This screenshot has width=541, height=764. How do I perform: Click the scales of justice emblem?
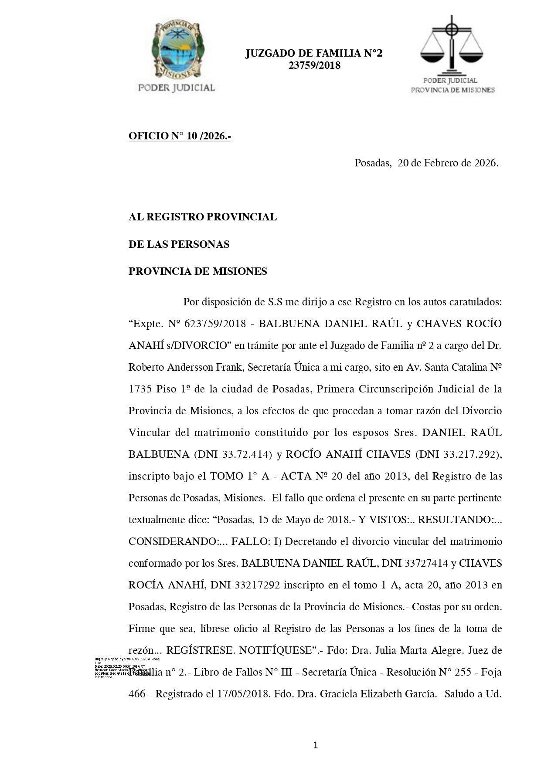(452, 45)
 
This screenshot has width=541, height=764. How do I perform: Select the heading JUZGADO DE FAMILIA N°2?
(313, 54)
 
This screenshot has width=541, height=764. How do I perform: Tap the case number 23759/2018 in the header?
(314, 66)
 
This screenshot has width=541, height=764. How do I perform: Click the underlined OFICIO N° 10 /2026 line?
(180, 136)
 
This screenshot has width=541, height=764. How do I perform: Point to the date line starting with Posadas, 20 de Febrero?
(428, 163)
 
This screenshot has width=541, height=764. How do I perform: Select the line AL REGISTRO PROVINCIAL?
(202, 217)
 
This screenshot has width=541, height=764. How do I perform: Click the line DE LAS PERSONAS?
(179, 244)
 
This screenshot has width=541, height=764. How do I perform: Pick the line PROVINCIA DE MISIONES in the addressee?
(197, 271)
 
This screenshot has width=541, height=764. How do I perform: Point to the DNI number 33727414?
(426, 563)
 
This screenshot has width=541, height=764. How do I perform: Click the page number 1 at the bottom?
(315, 745)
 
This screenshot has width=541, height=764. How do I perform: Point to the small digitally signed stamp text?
(126, 668)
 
